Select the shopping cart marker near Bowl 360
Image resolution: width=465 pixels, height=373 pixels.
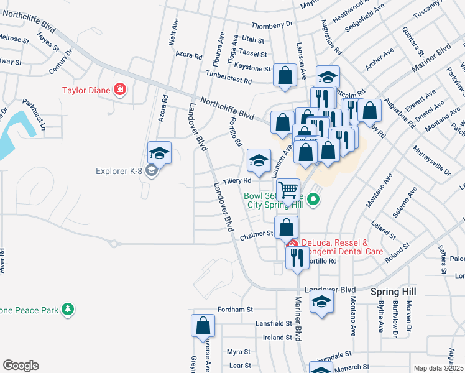[288, 190]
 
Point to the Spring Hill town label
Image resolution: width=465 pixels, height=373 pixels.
[393, 291]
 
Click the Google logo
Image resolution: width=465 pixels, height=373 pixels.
[21, 366]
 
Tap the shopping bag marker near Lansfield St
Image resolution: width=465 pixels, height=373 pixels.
[203, 325]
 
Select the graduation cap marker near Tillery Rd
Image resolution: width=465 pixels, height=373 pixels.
[259, 160]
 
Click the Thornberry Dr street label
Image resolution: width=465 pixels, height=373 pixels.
[272, 25]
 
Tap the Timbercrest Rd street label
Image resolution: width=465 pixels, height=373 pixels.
[230, 81]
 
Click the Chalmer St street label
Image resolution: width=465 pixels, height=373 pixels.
[257, 235]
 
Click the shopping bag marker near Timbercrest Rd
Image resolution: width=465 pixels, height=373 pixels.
[285, 76]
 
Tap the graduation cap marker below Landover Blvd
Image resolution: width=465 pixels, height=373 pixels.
[321, 302]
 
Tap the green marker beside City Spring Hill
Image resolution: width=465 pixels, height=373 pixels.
[314, 200]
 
